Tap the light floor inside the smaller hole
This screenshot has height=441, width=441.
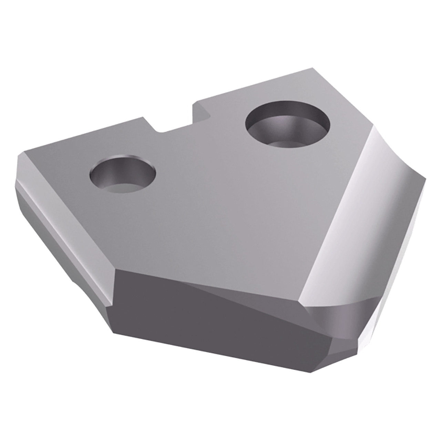pyautogui.click(x=127, y=186)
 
